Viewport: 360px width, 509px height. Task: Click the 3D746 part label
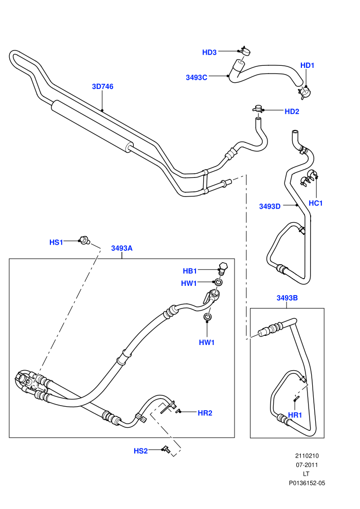point(102,86)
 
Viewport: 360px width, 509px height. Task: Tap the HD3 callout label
point(209,52)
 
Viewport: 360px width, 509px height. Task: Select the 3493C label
point(196,77)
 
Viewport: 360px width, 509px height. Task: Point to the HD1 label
point(308,65)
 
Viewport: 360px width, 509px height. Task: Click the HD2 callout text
point(292,112)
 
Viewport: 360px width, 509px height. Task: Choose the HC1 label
point(316,203)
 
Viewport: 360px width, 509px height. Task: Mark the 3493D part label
point(270,207)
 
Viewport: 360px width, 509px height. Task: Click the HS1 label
point(56,242)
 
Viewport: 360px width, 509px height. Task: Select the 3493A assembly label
point(122,248)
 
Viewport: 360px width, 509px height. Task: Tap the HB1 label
point(190,271)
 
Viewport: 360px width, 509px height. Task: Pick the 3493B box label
point(287,298)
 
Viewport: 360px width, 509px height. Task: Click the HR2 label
point(205,413)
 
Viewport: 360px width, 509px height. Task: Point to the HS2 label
point(141,451)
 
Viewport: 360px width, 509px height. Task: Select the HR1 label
point(295,415)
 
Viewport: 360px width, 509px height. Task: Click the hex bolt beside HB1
point(223,268)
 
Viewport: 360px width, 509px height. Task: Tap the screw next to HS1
point(85,241)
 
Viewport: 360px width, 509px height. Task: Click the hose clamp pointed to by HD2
point(258,109)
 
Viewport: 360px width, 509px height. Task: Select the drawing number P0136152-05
point(307,483)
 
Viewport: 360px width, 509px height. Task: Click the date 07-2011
point(307,465)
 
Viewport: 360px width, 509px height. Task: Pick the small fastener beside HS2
point(167,449)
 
